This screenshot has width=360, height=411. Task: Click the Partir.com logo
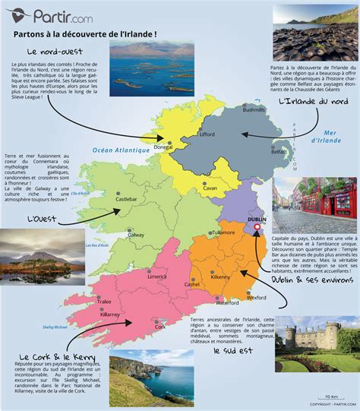[41, 14]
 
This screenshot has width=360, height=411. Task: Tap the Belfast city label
[279, 151]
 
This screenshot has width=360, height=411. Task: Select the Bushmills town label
[254, 110]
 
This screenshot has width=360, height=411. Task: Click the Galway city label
[136, 235]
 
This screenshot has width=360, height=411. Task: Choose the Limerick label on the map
[157, 277]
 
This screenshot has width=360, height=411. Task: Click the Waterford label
[227, 302]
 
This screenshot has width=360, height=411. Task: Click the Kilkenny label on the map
[220, 277]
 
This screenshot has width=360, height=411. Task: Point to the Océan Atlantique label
[118, 150]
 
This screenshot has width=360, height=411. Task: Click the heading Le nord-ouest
[54, 52]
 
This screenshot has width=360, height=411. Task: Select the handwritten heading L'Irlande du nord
[313, 101]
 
